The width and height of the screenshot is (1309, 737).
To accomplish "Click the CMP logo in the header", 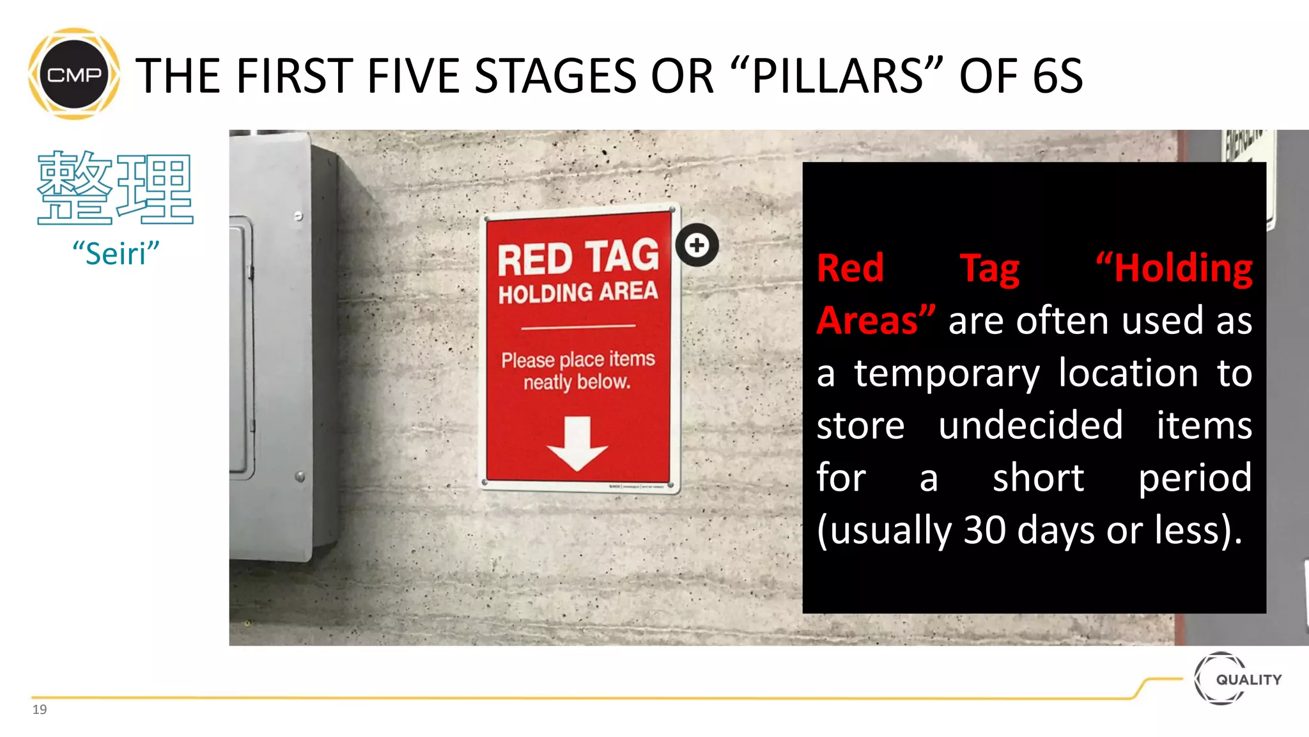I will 74,74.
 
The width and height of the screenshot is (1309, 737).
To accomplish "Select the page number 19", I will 40,709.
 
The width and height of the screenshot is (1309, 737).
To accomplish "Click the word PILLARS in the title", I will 837,76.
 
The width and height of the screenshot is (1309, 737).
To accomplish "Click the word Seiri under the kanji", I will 116,254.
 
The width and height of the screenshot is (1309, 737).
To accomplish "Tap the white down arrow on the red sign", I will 577,443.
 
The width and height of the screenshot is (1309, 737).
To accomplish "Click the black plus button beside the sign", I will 697,245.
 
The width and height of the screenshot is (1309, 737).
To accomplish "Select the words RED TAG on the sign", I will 578,257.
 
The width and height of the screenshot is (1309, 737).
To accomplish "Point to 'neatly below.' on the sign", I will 577,383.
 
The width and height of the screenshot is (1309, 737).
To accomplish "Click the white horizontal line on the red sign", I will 578,327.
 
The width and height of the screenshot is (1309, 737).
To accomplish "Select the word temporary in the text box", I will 947,373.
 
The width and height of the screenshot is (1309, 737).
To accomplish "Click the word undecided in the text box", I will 1030,425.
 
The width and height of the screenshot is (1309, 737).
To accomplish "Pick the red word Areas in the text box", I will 867,321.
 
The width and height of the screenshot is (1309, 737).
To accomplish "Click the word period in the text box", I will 1195,478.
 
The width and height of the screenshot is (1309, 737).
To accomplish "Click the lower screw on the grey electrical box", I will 300,477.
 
